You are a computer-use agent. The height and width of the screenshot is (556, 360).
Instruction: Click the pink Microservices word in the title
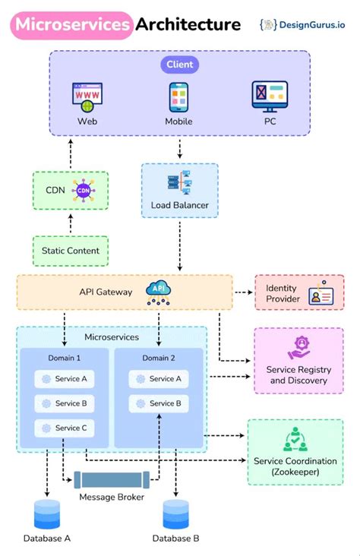click(71, 25)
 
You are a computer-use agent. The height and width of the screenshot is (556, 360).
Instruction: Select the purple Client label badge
click(180, 65)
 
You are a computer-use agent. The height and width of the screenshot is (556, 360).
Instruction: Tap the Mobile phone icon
click(179, 98)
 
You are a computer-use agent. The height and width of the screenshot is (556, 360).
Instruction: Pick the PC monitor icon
click(270, 97)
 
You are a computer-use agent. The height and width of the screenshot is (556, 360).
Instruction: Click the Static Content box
click(70, 251)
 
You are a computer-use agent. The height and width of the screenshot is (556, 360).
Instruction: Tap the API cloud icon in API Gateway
click(158, 292)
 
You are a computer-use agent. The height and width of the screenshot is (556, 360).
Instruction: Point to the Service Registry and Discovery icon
click(298, 349)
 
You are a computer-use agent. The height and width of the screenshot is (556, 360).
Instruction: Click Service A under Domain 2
click(159, 378)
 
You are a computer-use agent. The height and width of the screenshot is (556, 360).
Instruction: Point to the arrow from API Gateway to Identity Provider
click(243, 292)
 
